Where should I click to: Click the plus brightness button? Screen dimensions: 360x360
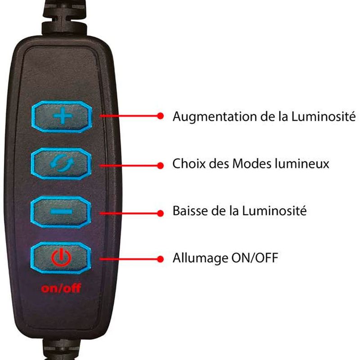[x=62, y=117]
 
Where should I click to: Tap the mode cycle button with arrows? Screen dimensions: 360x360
[x=61, y=164]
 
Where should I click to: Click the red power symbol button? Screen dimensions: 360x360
[x=61, y=257]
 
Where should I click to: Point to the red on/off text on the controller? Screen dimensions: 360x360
[x=61, y=288]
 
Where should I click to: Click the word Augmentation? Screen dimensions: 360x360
[x=215, y=117]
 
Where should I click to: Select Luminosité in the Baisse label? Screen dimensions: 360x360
[x=274, y=211]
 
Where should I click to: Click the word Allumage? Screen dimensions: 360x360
[x=200, y=258]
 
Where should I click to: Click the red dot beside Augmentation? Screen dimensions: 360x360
[x=161, y=116]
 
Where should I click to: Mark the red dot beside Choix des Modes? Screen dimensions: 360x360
[x=161, y=165]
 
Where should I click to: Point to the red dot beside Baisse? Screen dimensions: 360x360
[x=161, y=213]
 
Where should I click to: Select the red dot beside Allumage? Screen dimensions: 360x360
[x=161, y=259]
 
